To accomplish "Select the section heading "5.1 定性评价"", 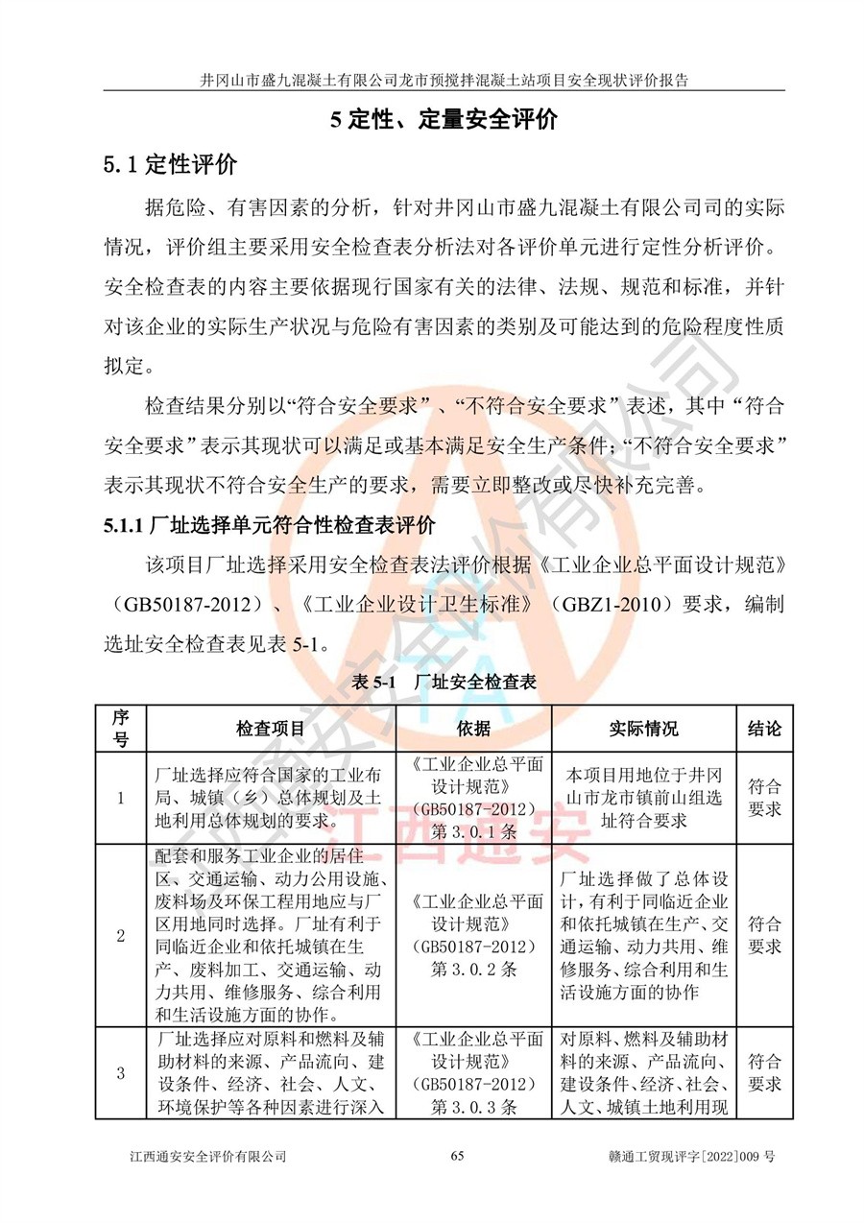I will coord(170,165).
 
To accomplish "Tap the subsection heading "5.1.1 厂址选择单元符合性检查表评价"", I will coord(270,526).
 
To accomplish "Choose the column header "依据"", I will coord(474,729).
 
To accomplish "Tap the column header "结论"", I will coord(764,729).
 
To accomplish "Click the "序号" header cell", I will coord(120,729).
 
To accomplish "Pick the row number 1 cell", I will coord(120,798).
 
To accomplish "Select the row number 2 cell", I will coord(120,936).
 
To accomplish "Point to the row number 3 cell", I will coord(120,1073).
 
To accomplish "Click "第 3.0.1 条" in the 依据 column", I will coord(474,830).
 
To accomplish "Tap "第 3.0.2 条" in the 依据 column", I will coord(474,969).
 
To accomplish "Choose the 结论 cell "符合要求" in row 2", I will coord(764,936).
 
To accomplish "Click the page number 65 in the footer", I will coord(457,1156).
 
